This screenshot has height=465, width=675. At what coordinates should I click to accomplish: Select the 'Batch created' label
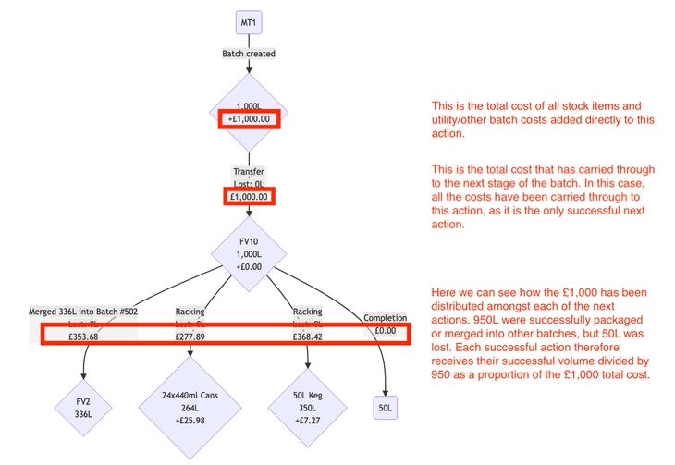tap(248, 54)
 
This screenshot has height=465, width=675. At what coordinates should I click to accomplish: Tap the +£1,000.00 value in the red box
tap(248, 119)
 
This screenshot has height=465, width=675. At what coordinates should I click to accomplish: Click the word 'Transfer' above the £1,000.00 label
tap(248, 172)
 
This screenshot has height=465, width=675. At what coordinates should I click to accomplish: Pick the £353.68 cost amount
tap(83, 337)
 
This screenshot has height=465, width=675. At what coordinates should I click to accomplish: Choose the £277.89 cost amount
tap(190, 337)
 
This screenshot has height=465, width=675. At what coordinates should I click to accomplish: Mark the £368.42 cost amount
tap(307, 337)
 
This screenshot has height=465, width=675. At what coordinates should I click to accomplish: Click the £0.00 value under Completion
tap(386, 330)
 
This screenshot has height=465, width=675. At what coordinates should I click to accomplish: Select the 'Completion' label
tap(386, 318)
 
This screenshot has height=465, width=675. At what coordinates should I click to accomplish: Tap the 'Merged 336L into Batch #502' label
tap(83, 312)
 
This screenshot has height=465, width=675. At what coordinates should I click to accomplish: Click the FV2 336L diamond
tap(83, 409)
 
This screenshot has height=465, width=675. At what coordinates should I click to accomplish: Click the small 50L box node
tap(386, 407)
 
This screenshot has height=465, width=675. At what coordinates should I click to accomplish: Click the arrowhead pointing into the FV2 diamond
tap(83, 376)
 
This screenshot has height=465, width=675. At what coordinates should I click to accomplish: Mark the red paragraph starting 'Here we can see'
tap(546, 334)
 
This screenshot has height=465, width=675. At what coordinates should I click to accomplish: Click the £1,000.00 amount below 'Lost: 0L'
tap(248, 196)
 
